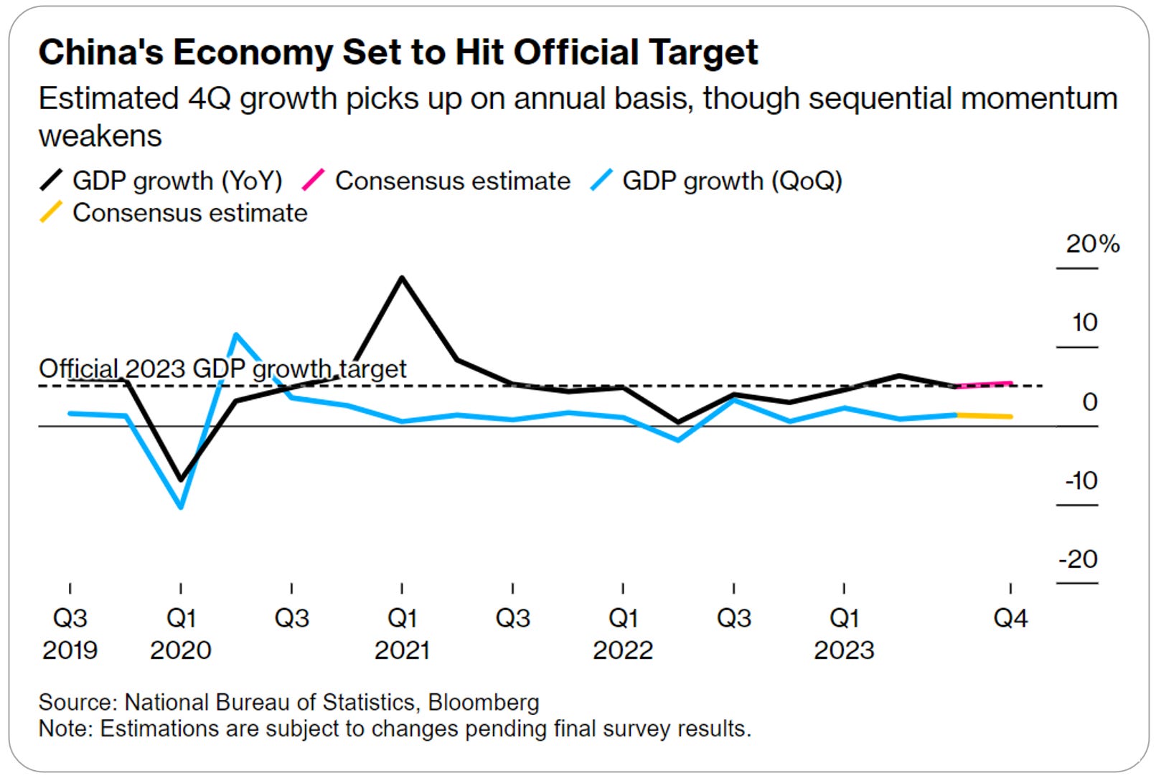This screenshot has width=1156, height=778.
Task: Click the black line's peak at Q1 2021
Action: [x=402, y=277]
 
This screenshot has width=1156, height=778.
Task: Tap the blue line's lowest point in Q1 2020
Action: [x=181, y=507]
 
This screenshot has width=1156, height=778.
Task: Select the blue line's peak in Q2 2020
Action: [x=236, y=334]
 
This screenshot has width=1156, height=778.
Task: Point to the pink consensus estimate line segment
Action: [x=985, y=384]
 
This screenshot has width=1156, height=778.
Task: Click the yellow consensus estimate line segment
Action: [x=985, y=415]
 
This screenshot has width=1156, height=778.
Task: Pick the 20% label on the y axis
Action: [x=1091, y=245]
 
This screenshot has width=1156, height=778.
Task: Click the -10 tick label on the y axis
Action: [x=1081, y=480]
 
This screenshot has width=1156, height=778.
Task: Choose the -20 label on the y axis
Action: [x=1079, y=559]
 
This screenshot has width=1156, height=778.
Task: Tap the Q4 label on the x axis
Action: [x=1010, y=618]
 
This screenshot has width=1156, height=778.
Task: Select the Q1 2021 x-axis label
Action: [x=402, y=634]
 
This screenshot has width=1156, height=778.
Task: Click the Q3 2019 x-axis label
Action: [x=70, y=634]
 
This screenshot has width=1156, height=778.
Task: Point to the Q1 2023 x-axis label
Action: [x=844, y=634]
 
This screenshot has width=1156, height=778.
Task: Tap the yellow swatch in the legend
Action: [x=51, y=212]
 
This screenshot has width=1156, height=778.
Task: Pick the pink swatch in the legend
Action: [x=314, y=180]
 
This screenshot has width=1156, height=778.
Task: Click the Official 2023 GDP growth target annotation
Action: [x=222, y=369]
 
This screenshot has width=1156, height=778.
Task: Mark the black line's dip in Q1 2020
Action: [x=181, y=479]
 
